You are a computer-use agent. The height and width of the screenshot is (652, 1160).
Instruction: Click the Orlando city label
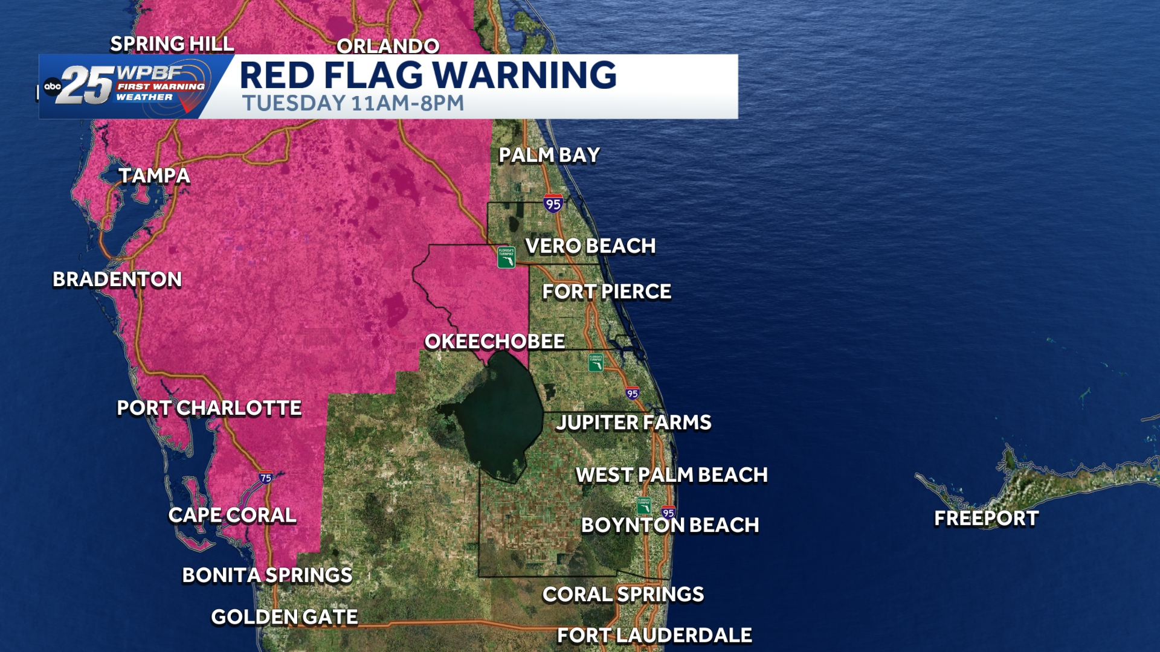(x=388, y=46)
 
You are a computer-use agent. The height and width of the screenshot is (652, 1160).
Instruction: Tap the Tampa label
(x=154, y=176)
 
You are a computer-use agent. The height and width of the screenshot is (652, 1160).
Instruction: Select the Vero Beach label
(x=590, y=246)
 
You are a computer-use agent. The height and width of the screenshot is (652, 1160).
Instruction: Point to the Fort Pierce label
(x=607, y=292)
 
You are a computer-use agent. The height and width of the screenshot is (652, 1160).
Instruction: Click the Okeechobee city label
(x=494, y=342)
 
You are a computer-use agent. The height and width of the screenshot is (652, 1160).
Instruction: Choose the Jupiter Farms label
(x=634, y=423)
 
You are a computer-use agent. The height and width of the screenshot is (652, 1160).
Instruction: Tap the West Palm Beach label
(x=672, y=475)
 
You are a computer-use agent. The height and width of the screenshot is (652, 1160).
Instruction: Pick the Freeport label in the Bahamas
(x=987, y=518)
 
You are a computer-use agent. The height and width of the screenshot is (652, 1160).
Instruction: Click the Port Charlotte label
(x=209, y=408)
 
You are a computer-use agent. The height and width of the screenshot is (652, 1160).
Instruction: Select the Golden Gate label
(x=285, y=617)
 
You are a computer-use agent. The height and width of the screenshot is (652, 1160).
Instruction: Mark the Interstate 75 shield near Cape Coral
(x=266, y=478)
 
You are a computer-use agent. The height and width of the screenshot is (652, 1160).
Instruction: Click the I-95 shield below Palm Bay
(x=553, y=203)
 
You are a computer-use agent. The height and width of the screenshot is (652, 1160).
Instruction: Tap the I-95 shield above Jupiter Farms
(x=633, y=394)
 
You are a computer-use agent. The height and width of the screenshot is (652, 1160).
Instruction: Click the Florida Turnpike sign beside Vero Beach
(x=506, y=257)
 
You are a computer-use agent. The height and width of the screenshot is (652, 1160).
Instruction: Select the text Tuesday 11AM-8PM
(x=353, y=103)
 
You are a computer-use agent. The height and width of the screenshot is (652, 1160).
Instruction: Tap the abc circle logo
(x=53, y=86)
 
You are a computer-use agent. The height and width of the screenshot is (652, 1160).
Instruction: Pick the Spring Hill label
(x=172, y=44)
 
